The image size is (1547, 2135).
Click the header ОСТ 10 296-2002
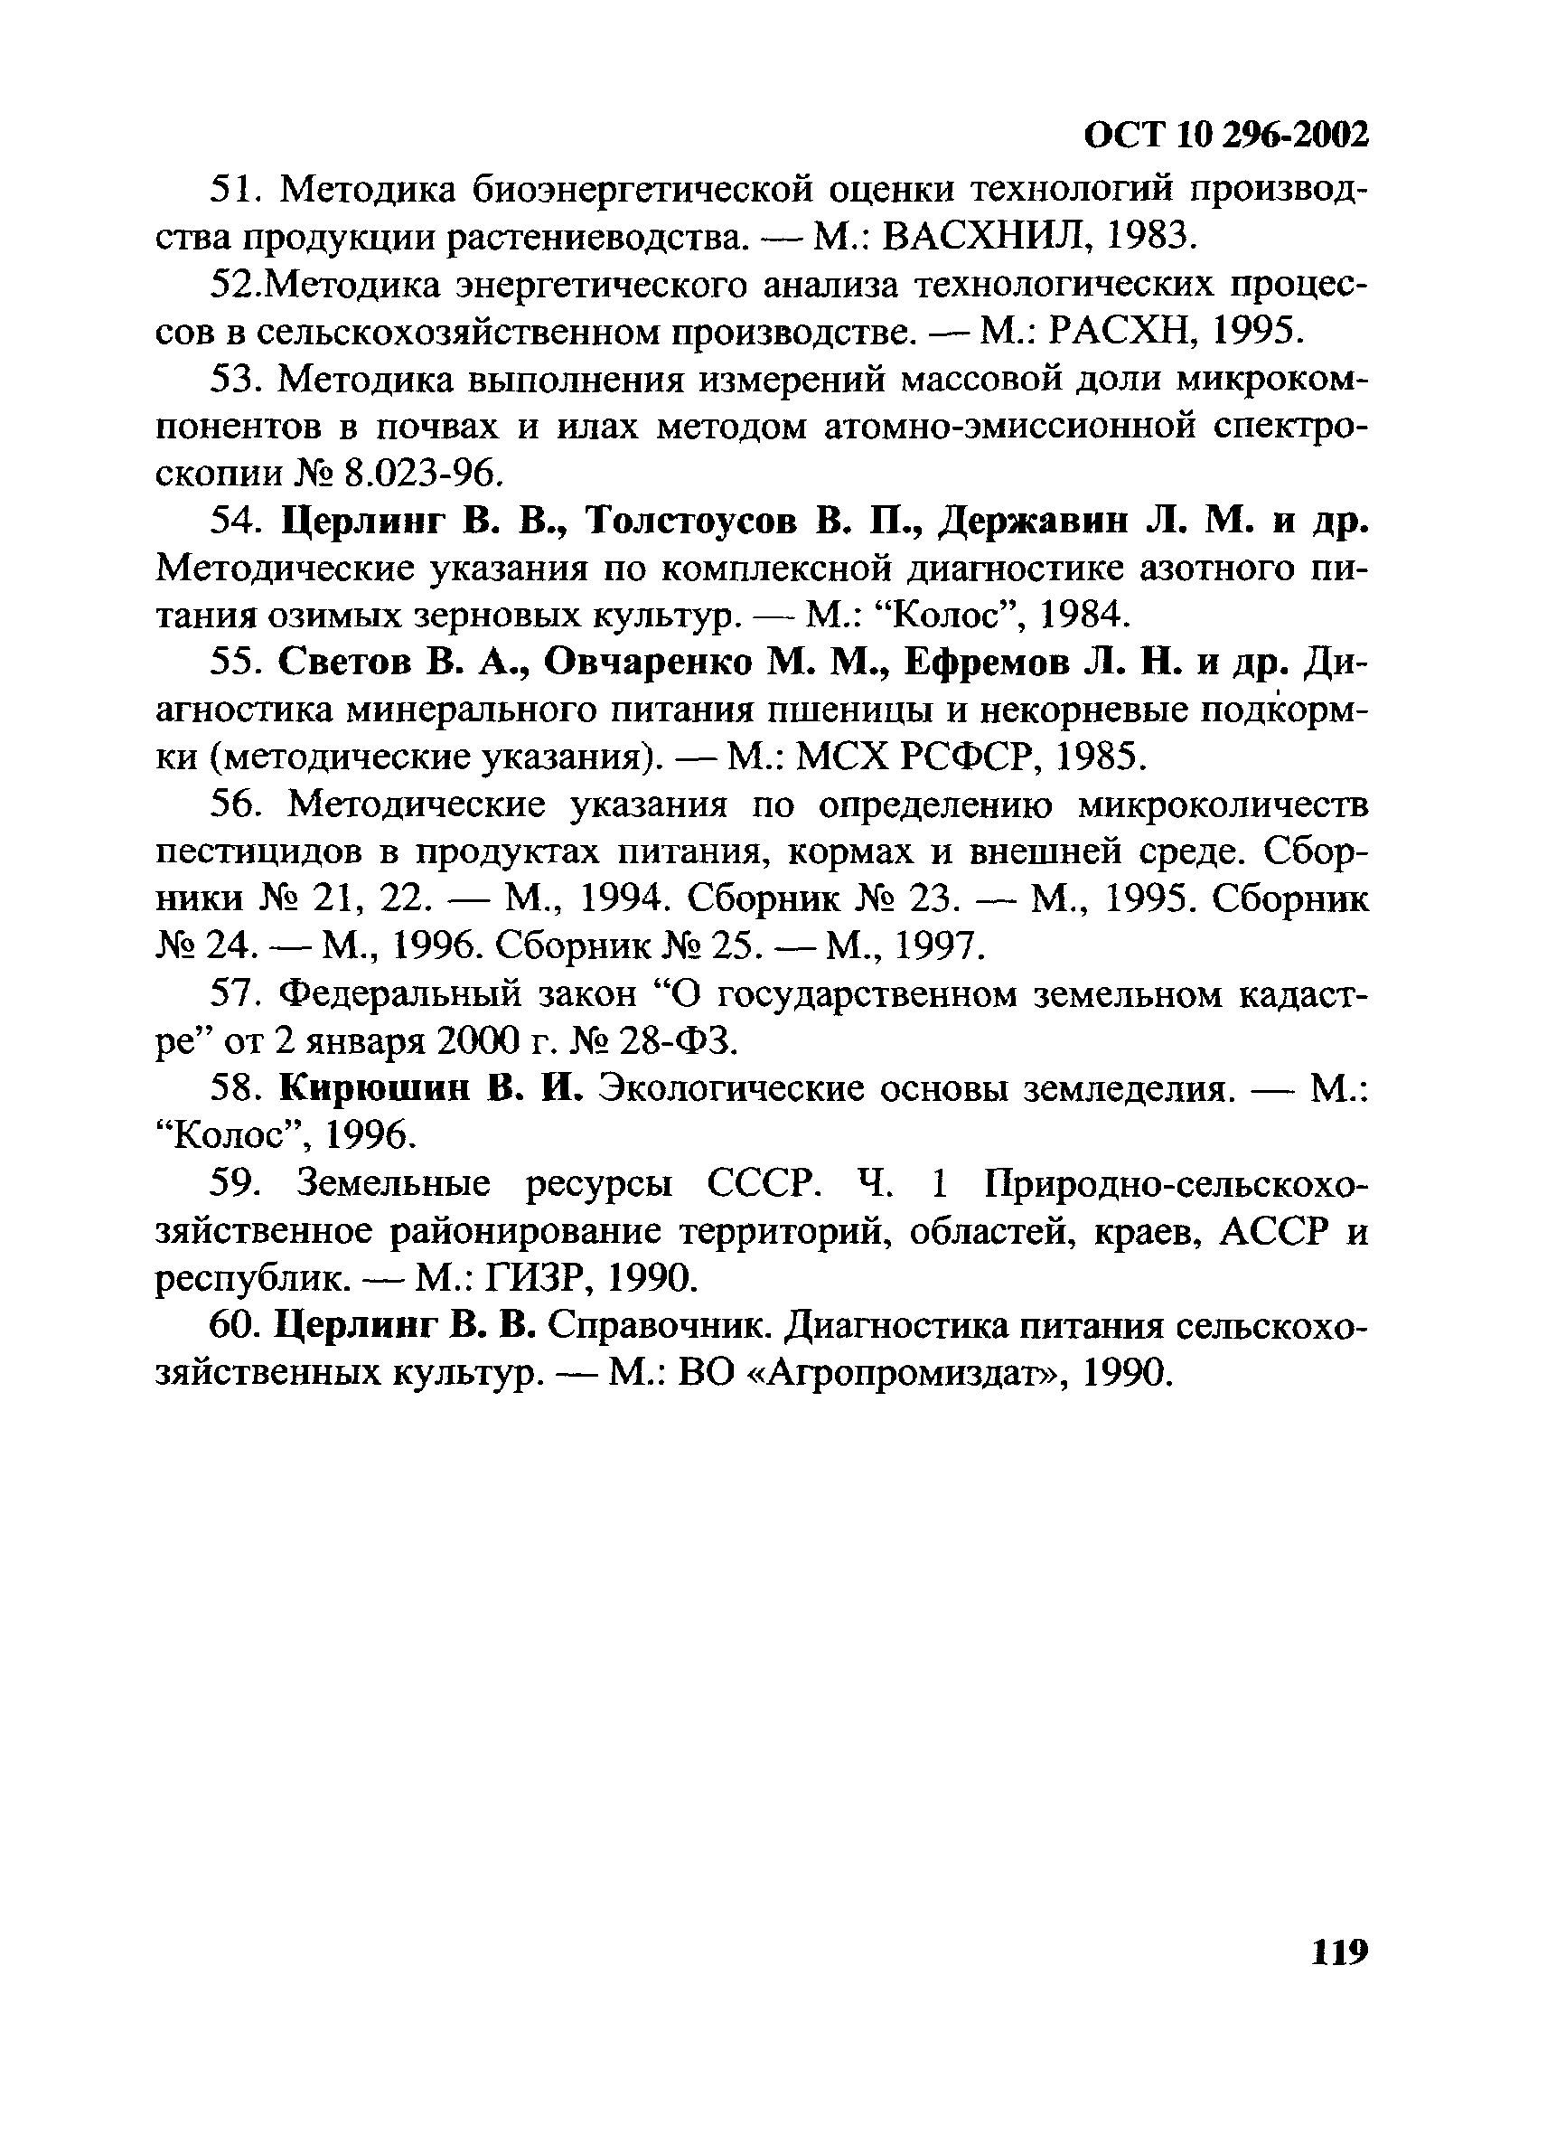pyautogui.click(x=1225, y=136)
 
